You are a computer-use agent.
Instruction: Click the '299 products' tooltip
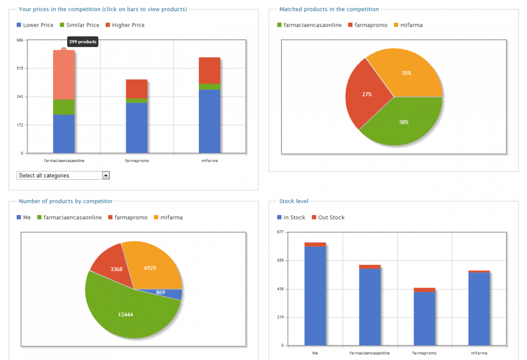tap(83, 42)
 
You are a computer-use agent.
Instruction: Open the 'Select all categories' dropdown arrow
tap(105, 176)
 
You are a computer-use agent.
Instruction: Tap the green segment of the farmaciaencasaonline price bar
tap(64, 107)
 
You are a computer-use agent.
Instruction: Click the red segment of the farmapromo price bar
tap(137, 89)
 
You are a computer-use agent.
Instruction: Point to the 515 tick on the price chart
tap(20, 68)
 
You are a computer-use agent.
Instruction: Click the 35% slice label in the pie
tap(406, 73)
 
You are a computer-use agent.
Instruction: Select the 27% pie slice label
tap(367, 94)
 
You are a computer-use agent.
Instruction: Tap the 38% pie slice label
tap(404, 122)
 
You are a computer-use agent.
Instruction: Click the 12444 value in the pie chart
tap(126, 314)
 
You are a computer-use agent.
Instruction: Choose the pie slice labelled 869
tap(160, 292)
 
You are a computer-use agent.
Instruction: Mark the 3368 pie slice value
tap(116, 269)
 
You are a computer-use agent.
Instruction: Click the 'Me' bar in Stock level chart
tap(315, 294)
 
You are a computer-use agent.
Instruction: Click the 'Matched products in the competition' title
tap(329, 9)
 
